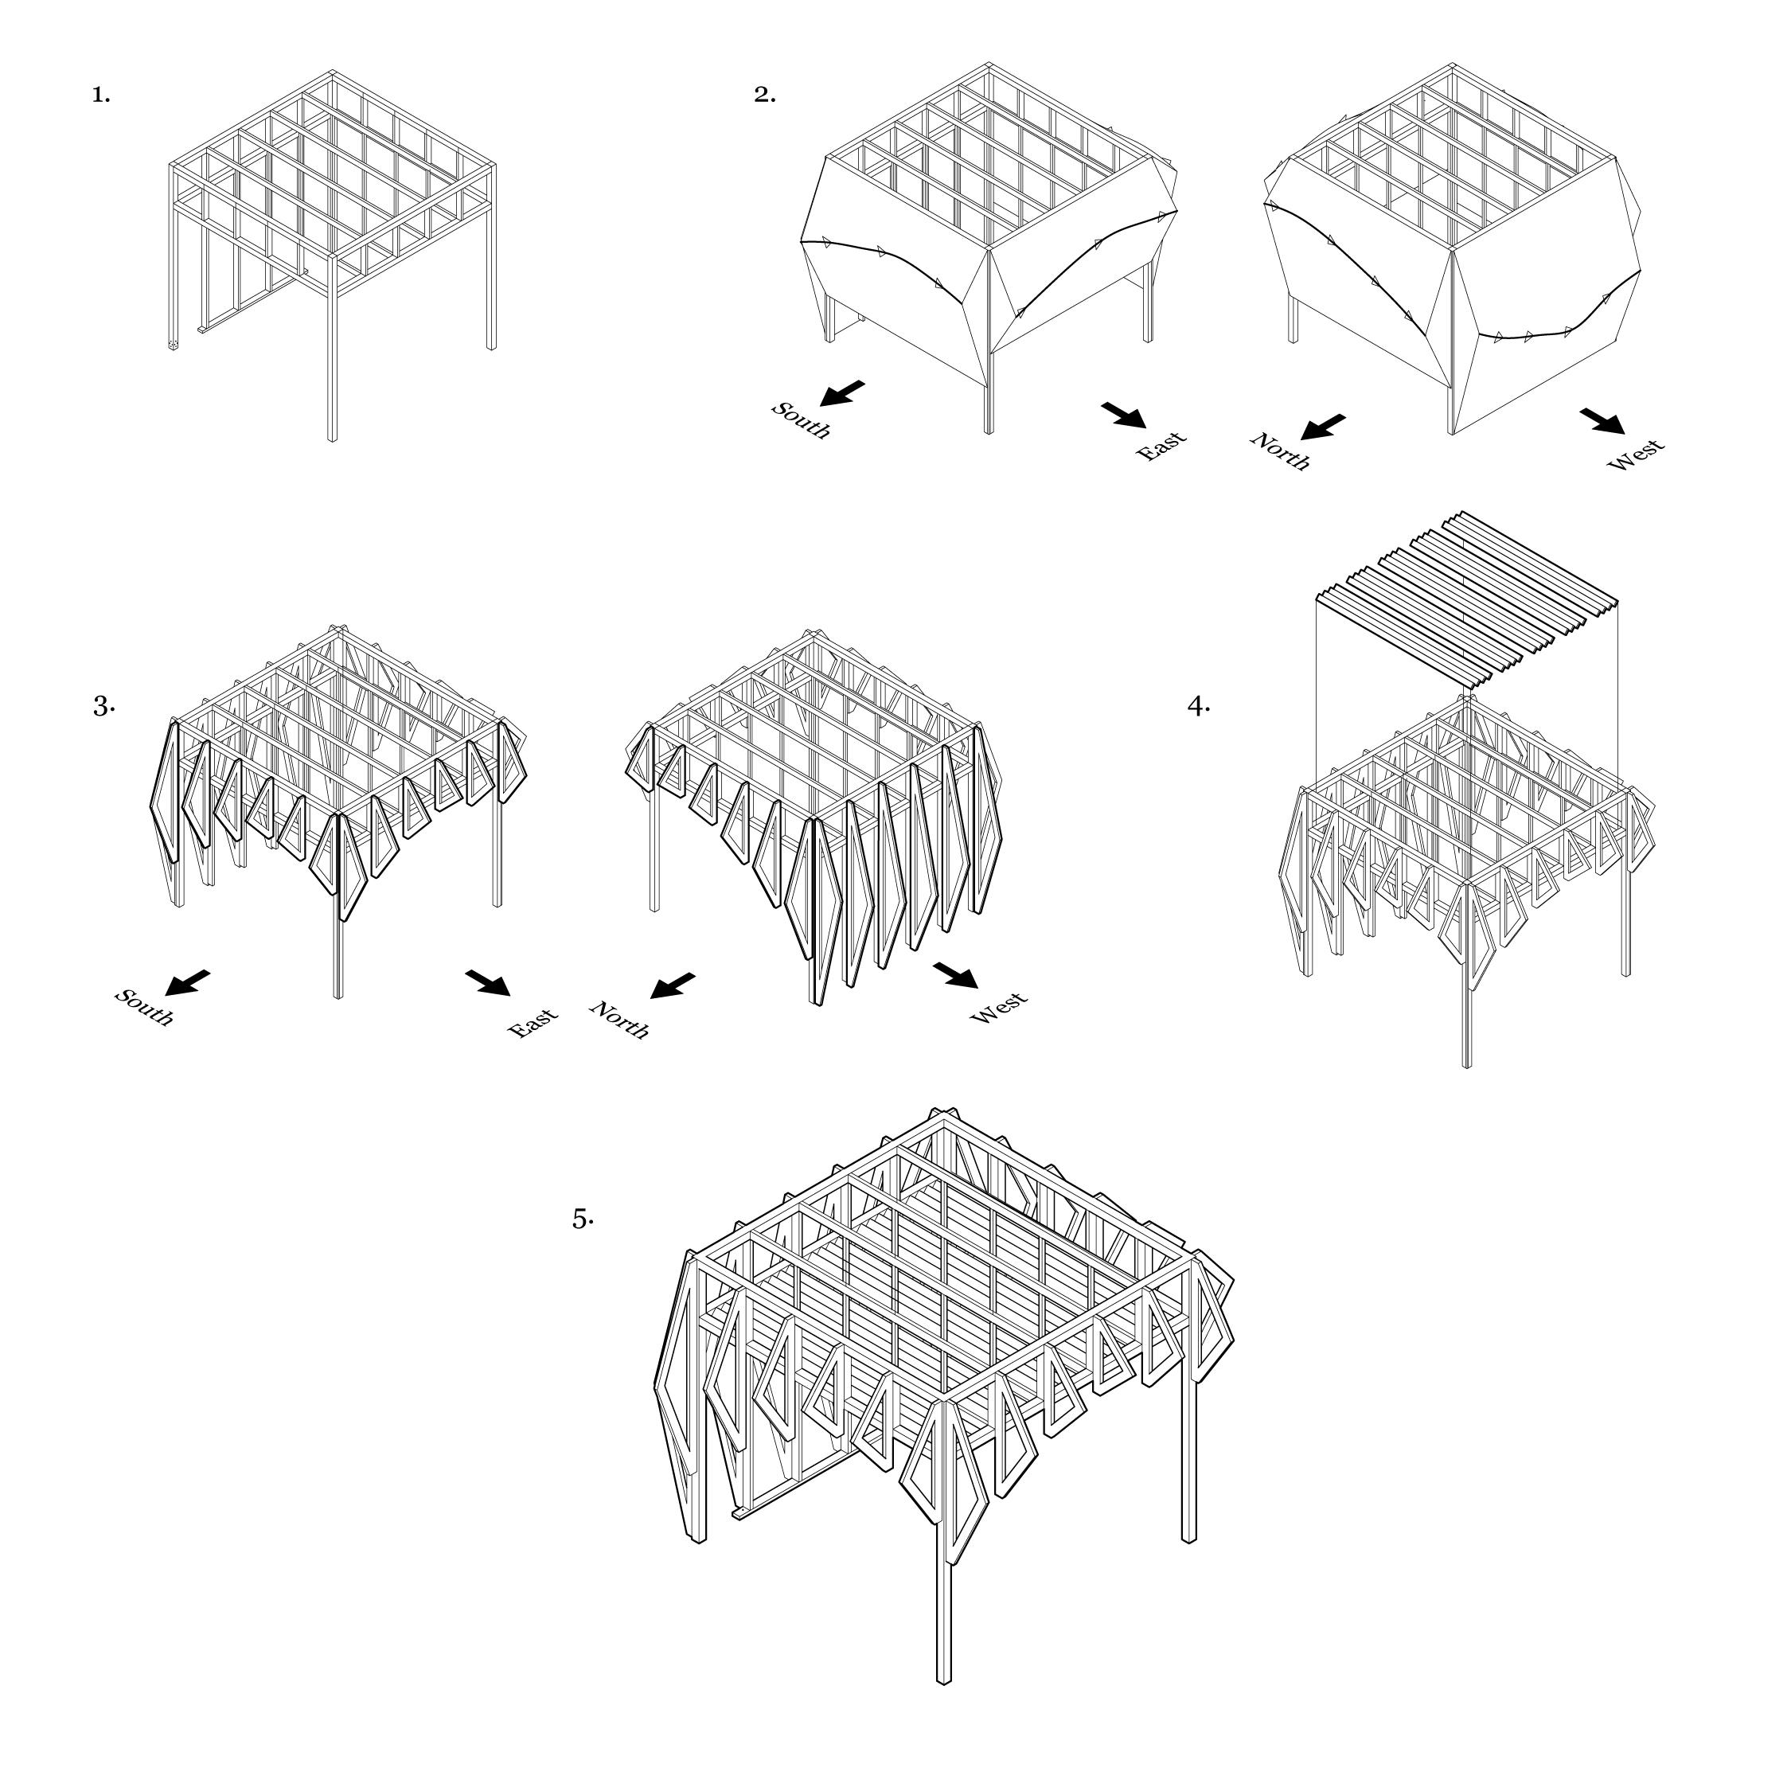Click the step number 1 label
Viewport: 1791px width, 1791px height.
[x=101, y=95]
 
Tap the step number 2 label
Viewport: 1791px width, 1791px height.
[x=765, y=95]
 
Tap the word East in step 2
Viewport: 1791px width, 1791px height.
[x=1161, y=446]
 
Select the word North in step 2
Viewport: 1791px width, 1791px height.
[x=1280, y=451]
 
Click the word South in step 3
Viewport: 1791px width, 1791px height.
[x=144, y=1008]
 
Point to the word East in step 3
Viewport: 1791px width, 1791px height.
[x=534, y=1023]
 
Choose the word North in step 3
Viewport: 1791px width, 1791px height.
[x=620, y=1020]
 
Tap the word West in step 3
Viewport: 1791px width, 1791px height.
[x=999, y=1009]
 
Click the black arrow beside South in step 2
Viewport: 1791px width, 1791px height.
[x=844, y=393]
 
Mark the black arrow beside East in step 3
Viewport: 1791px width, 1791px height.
[x=488, y=982]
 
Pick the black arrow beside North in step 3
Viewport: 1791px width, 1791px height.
[x=672, y=985]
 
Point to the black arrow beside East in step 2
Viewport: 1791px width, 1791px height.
[x=1123, y=415]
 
